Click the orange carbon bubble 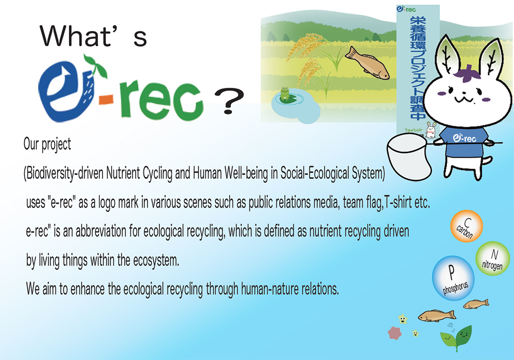tap(466, 226)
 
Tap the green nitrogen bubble tap(493, 258)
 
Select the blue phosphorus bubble tap(453, 278)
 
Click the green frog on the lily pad tap(285, 93)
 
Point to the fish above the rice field tap(367, 63)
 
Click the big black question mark tap(229, 101)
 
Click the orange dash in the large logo tap(106, 99)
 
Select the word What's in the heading tap(94, 35)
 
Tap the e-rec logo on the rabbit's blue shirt tap(465, 138)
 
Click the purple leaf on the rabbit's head tap(467, 73)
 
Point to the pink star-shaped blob tap(395, 333)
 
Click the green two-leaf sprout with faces tap(456, 338)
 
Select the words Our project tap(47, 144)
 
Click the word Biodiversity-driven tap(64, 173)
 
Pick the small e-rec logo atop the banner tap(406, 9)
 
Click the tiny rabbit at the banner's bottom tap(431, 130)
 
